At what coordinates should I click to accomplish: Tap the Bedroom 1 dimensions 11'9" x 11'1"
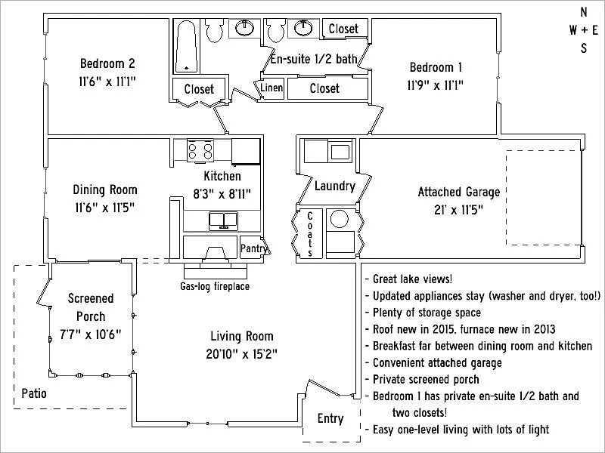(x=435, y=85)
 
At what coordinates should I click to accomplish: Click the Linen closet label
(x=272, y=88)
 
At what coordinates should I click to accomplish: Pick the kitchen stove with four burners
(x=200, y=150)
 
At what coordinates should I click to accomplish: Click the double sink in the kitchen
(x=223, y=220)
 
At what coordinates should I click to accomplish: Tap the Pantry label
(x=252, y=248)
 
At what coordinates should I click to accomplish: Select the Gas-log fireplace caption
(x=214, y=286)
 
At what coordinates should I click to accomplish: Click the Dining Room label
(x=105, y=190)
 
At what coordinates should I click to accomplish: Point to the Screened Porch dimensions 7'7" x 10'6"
(x=89, y=333)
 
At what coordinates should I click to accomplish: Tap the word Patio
(x=35, y=393)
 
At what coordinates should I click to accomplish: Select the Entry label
(x=330, y=419)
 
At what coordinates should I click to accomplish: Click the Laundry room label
(x=334, y=186)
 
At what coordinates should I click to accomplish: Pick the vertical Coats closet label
(x=310, y=235)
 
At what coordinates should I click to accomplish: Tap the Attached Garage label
(x=459, y=193)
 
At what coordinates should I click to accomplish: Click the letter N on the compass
(x=583, y=12)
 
